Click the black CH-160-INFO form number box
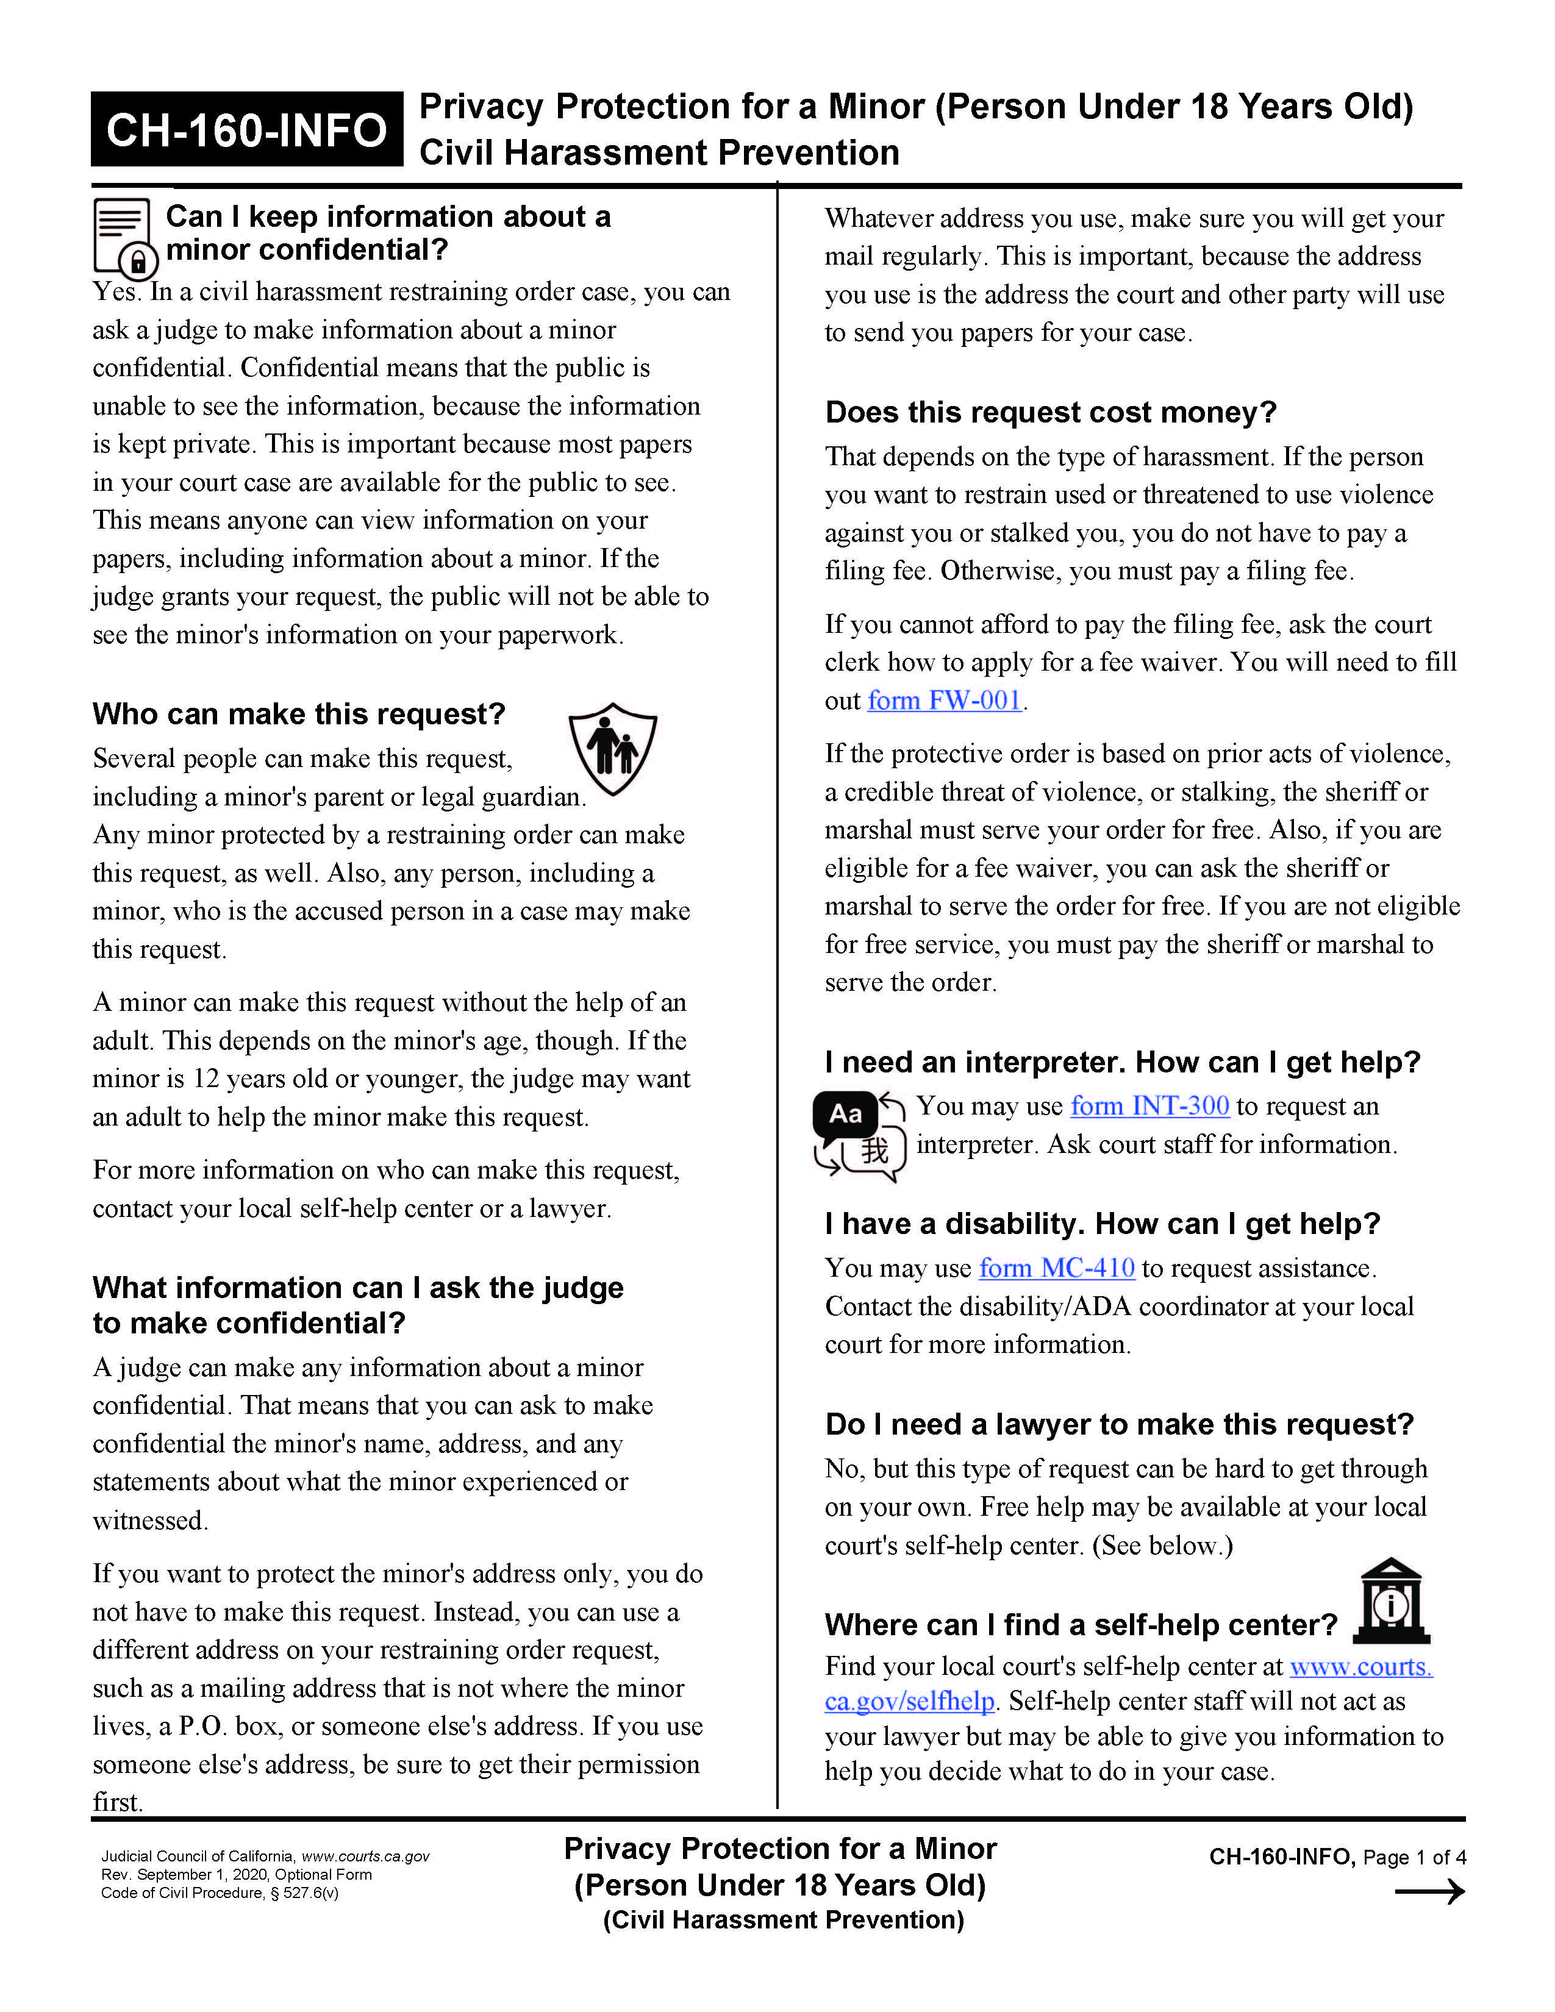pos(246,129)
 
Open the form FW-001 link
pos(944,701)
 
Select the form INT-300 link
pos(1149,1107)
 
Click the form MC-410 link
pos(1057,1269)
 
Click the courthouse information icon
pos(1391,1602)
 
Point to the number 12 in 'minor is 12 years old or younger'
pos(206,1079)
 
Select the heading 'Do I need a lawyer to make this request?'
pos(1118,1424)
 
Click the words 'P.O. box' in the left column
pos(229,1727)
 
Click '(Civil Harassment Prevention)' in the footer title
pos(783,1920)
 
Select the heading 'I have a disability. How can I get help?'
pos(1102,1224)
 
